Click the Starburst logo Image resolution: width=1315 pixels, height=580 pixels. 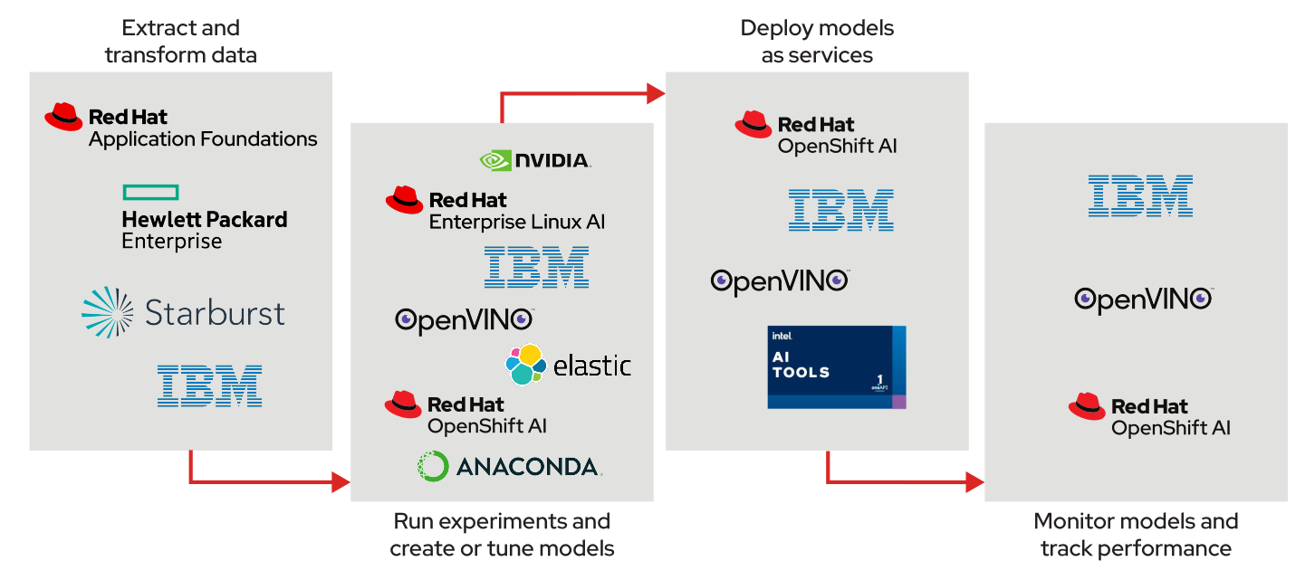tap(183, 313)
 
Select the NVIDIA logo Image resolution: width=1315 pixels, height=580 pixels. tap(534, 160)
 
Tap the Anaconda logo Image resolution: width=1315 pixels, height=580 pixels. tap(509, 466)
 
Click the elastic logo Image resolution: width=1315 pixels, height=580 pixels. tap(568, 365)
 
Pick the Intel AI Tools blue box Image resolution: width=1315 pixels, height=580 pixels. tap(835, 366)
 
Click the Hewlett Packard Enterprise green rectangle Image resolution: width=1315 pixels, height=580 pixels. tap(150, 192)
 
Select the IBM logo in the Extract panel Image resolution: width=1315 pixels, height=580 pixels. tap(209, 385)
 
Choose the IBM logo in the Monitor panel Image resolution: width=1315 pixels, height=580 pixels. tap(1140, 195)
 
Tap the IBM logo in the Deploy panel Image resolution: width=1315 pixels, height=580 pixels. tap(840, 210)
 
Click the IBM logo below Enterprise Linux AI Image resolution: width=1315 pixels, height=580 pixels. tap(536, 267)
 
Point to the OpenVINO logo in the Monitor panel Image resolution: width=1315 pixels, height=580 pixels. tap(1143, 299)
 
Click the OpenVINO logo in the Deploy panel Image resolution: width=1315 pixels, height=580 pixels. tap(779, 280)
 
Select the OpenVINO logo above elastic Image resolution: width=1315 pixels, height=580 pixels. tap(464, 320)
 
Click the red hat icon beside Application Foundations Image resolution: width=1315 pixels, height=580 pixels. tap(63, 117)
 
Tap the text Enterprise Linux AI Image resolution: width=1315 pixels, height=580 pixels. tap(516, 222)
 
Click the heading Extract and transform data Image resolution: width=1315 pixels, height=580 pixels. tap(180, 42)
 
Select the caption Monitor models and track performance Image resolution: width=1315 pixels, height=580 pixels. tap(1136, 535)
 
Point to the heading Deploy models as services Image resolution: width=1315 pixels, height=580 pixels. tap(817, 42)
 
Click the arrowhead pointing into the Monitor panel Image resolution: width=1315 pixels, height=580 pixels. tap(975, 482)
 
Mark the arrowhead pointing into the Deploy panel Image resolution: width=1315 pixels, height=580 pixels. tap(657, 91)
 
